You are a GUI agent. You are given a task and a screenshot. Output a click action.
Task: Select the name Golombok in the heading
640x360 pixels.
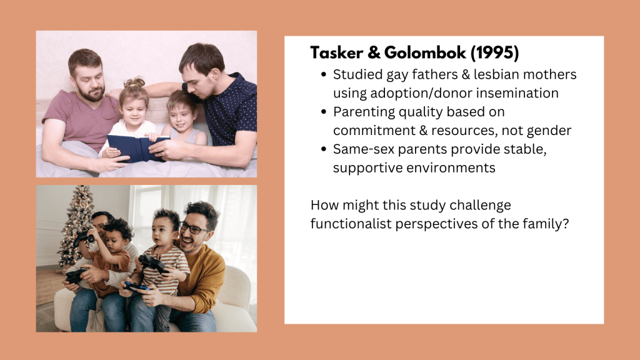(x=425, y=52)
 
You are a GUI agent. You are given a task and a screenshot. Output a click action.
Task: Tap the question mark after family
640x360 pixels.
(x=565, y=223)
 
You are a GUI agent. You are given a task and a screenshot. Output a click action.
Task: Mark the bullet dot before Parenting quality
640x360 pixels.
(x=324, y=112)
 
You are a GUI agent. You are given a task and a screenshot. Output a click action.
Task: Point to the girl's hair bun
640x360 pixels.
(x=135, y=82)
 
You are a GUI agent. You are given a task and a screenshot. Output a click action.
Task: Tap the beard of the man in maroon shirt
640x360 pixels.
(x=92, y=94)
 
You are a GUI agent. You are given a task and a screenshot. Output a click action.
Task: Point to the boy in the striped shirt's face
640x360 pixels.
(x=162, y=232)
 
